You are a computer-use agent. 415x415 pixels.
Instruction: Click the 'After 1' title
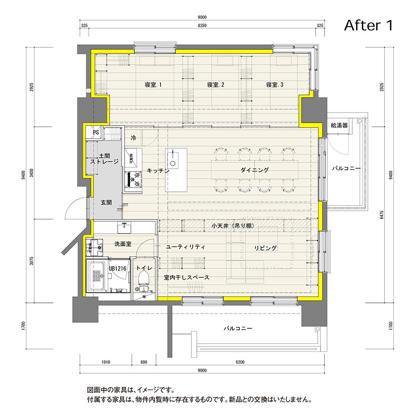[x=368, y=26]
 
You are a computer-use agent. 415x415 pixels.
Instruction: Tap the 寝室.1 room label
[x=153, y=85]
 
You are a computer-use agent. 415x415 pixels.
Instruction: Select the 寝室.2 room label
[x=215, y=85]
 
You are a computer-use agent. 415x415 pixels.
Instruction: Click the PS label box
[x=95, y=133]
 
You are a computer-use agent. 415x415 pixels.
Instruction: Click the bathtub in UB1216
[x=97, y=275]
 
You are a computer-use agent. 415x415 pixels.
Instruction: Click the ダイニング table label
[x=254, y=170]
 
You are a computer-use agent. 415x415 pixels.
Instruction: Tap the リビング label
[x=266, y=248]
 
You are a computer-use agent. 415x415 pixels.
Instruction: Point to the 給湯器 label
[x=339, y=125]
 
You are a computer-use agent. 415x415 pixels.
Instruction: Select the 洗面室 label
[x=123, y=243]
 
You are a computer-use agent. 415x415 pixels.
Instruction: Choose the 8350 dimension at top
[x=202, y=26]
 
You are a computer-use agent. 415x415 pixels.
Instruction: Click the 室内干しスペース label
[x=187, y=278]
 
